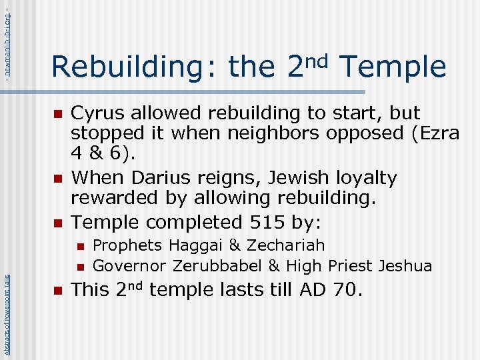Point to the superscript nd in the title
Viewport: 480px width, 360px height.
click(318, 61)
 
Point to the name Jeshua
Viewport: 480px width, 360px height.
click(405, 266)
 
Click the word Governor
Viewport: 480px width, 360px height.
click(129, 266)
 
